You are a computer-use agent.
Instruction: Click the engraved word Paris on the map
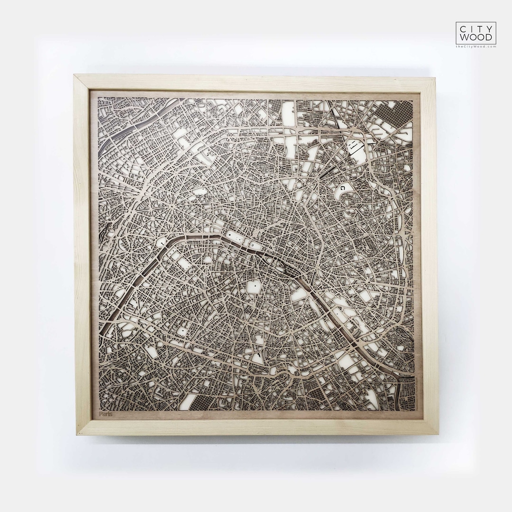(x=106, y=413)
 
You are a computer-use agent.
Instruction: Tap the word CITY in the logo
(x=476, y=28)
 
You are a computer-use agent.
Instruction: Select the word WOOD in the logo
(x=476, y=37)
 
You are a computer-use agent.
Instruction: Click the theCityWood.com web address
(x=476, y=46)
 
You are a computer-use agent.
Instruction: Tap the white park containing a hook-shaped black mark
(x=342, y=191)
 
